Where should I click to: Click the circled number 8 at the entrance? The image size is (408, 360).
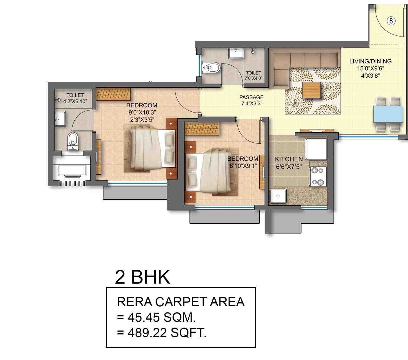(x=391, y=21)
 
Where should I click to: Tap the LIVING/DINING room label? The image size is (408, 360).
(x=370, y=61)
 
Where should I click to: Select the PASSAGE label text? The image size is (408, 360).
(x=251, y=97)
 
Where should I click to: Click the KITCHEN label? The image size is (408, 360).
(x=289, y=159)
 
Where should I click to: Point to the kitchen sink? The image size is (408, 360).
(x=278, y=196)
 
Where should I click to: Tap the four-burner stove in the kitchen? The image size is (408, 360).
(x=318, y=176)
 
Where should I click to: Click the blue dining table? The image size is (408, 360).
(x=388, y=114)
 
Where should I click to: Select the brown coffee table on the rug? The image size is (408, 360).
(x=311, y=90)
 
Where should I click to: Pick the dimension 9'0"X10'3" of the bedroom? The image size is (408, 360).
(x=142, y=113)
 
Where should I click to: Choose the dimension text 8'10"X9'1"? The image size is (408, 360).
(x=243, y=166)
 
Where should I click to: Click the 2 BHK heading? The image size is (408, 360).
(x=142, y=277)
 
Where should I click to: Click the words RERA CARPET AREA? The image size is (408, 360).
(x=181, y=302)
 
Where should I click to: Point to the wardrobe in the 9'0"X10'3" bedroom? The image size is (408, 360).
(x=113, y=94)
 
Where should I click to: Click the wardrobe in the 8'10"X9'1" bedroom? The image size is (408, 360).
(x=202, y=128)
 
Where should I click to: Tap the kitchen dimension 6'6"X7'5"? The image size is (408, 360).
(x=289, y=167)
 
